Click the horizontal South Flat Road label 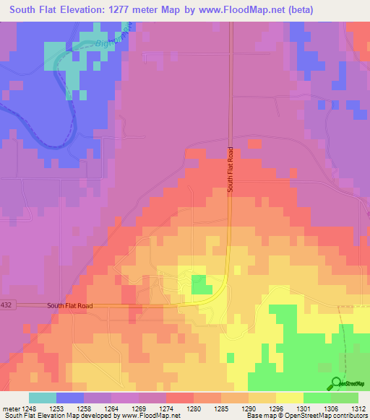pyautogui.click(x=70, y=306)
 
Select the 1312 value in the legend pyautogui.click(x=358, y=408)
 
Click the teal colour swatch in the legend pyautogui.click(x=42, y=398)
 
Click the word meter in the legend pyautogui.click(x=11, y=408)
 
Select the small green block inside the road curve pyautogui.click(x=197, y=286)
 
